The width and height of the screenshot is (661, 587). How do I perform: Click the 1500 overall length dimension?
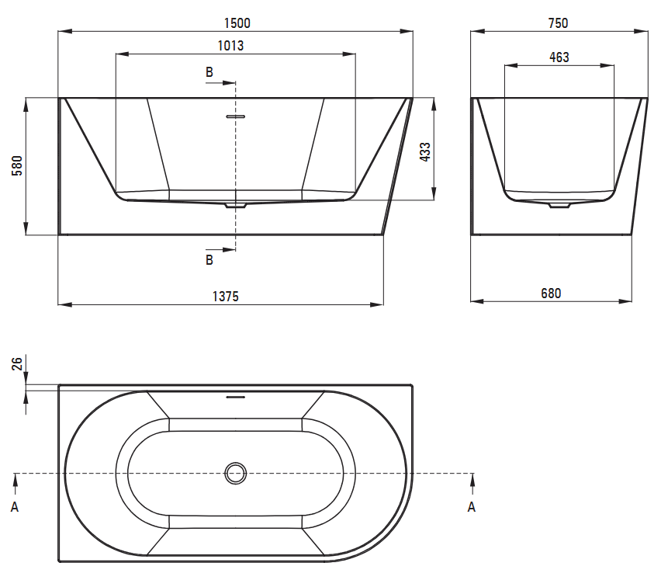coord(237,23)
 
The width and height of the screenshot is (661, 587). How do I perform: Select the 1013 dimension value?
coord(230,46)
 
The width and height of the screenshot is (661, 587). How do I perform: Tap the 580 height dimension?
coord(17,165)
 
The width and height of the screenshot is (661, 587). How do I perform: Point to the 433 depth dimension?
coord(425,152)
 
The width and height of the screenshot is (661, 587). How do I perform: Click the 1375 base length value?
coord(226,297)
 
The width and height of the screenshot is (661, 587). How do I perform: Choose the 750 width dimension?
coord(558,23)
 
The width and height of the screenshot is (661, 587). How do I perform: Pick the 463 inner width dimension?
coord(559,57)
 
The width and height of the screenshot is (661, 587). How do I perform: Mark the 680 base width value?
coord(551,293)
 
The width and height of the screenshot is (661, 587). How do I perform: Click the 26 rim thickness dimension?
coord(17,363)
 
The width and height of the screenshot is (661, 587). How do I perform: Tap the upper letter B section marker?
coord(209,72)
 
